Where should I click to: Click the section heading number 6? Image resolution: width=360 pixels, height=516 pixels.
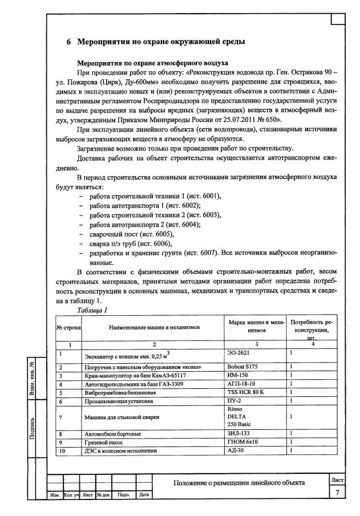click(x=68, y=42)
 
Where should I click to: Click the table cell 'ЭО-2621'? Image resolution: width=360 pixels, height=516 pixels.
click(x=238, y=354)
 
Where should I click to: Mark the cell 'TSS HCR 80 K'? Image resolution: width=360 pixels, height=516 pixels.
click(x=246, y=392)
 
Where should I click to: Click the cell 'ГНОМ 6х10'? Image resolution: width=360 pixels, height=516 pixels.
click(x=242, y=442)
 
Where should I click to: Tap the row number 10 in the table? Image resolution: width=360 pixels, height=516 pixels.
click(x=61, y=450)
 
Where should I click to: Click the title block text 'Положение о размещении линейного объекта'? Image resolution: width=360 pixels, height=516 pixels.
click(x=238, y=483)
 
